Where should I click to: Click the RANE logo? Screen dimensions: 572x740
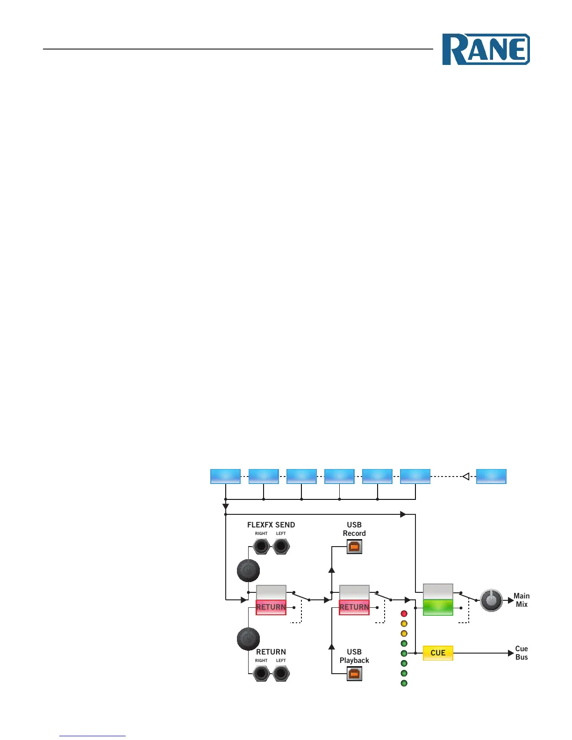pos(486,49)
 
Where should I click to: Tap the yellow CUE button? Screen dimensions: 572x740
pos(438,653)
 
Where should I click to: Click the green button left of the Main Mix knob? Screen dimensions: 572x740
pos(438,607)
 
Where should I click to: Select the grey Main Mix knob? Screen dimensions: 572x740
pos(491,600)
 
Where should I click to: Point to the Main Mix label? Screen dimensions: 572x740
pos(522,600)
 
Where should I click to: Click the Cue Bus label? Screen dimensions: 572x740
pos(522,653)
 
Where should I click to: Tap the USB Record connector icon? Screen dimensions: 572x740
pos(354,546)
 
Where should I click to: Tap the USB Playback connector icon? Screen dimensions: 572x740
pos(354,674)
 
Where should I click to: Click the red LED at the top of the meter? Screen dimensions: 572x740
pos(404,613)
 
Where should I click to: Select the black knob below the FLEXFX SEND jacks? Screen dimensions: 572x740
pos(248,570)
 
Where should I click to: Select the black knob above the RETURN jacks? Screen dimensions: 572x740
pos(248,639)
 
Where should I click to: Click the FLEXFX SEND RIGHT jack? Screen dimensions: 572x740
pos(261,546)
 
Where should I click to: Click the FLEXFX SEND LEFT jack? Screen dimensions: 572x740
pos(281,546)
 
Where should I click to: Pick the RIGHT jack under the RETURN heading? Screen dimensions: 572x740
pos(261,674)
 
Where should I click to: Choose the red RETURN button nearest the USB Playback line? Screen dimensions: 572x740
pos(354,607)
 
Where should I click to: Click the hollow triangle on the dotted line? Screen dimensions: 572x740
pos(465,477)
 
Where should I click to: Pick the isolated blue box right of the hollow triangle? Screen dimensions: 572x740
pos(491,476)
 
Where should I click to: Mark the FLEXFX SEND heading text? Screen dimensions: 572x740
pos(271,525)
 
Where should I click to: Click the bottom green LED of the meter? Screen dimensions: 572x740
pos(404,683)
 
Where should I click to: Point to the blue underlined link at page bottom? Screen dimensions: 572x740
pos(93,736)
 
